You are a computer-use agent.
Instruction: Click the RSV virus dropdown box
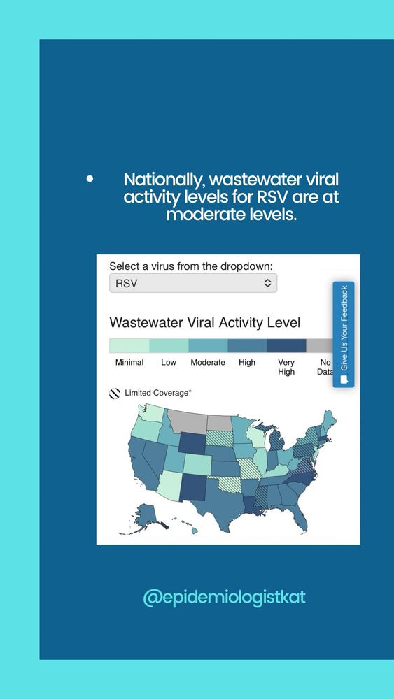click(x=193, y=283)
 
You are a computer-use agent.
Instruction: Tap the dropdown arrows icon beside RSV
click(x=267, y=283)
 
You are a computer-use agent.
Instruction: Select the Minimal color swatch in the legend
click(x=129, y=345)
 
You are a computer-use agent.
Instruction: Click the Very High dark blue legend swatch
click(x=286, y=345)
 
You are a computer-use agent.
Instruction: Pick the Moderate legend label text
click(x=208, y=362)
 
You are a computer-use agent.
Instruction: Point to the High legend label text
click(x=247, y=362)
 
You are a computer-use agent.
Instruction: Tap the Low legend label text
click(x=169, y=362)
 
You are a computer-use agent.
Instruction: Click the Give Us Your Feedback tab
click(x=344, y=334)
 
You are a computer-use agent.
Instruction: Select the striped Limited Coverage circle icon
click(x=115, y=393)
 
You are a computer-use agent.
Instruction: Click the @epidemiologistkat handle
click(x=224, y=598)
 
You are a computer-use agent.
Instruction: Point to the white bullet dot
click(x=90, y=179)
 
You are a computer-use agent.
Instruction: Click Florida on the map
click(x=297, y=517)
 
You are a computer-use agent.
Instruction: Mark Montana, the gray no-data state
click(x=188, y=421)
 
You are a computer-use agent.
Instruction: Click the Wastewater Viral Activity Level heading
click(x=205, y=322)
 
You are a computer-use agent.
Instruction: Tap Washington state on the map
click(x=153, y=413)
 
